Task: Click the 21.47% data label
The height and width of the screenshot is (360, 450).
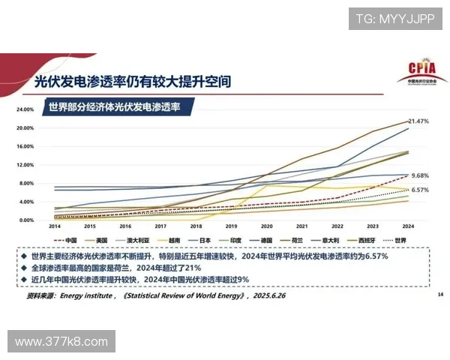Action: pos(418,121)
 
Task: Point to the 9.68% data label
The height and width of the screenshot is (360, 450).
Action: pos(419,176)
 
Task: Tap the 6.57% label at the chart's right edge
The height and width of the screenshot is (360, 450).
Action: pos(419,190)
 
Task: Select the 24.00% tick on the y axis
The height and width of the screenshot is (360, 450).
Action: pos(25,109)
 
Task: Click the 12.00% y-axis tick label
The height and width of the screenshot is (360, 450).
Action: pos(25,165)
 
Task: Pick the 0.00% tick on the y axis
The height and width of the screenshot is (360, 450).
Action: pos(26,220)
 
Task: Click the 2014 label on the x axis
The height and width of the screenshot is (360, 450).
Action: pos(55,226)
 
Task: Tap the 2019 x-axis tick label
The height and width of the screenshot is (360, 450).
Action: pos(231,226)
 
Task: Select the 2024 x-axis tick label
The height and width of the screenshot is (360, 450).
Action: pos(407,226)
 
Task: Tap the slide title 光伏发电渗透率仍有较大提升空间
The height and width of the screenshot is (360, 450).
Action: pos(132,79)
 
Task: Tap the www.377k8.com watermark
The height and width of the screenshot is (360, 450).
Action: pos(61,342)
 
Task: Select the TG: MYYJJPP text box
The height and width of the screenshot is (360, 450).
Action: pos(394,18)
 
